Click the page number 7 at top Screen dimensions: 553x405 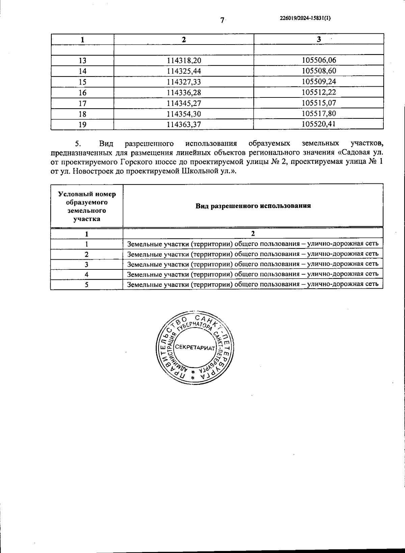pyautogui.click(x=222, y=21)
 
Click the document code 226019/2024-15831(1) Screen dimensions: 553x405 pyautogui.click(x=305, y=19)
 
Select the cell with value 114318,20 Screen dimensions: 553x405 pyautogui.click(x=184, y=60)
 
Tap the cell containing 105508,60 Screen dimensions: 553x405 pyautogui.click(x=319, y=71)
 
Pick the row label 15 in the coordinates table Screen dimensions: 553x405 pyautogui.click(x=82, y=82)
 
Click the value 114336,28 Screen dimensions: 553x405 pyautogui.click(x=184, y=92)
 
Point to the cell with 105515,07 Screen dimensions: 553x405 pyautogui.click(x=319, y=103)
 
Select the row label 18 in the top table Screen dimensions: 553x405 pyautogui.click(x=82, y=114)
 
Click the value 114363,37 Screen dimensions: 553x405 pyautogui.click(x=184, y=124)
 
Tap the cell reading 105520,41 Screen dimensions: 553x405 pyautogui.click(x=319, y=124)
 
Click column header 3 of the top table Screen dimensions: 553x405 pyautogui.click(x=319, y=39)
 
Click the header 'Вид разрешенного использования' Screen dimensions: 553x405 pyautogui.click(x=253, y=206)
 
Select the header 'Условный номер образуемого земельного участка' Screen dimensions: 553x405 pyautogui.click(x=87, y=206)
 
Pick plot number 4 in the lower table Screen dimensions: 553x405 pyautogui.click(x=87, y=274)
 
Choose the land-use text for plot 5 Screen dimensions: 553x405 pyautogui.click(x=253, y=284)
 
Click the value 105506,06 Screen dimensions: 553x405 pyautogui.click(x=319, y=60)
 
